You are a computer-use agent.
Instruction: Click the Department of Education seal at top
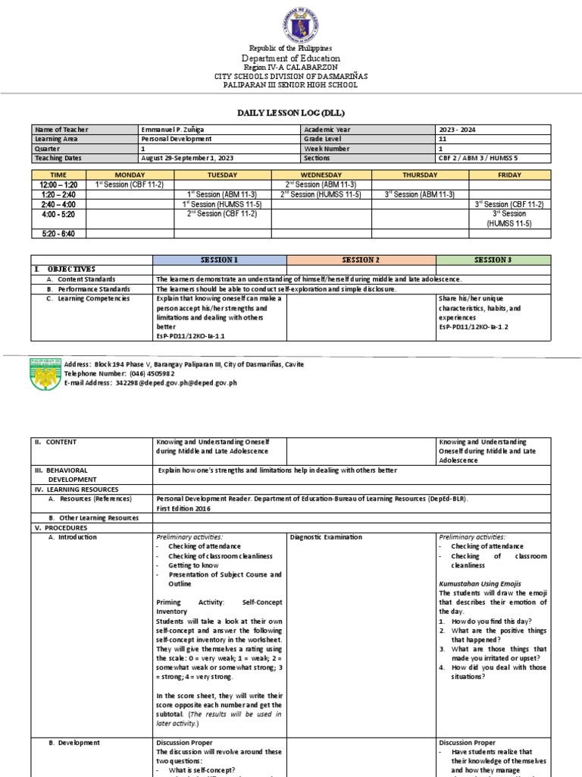click(291, 24)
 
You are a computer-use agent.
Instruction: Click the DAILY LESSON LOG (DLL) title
click(291, 112)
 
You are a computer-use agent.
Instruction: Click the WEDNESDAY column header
click(321, 174)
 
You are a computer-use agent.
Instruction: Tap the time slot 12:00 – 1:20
click(59, 184)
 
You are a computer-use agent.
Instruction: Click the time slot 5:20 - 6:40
click(59, 233)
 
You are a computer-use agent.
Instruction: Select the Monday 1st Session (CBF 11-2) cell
click(133, 184)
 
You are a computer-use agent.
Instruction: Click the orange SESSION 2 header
click(361, 260)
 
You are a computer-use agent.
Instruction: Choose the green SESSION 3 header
click(493, 260)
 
